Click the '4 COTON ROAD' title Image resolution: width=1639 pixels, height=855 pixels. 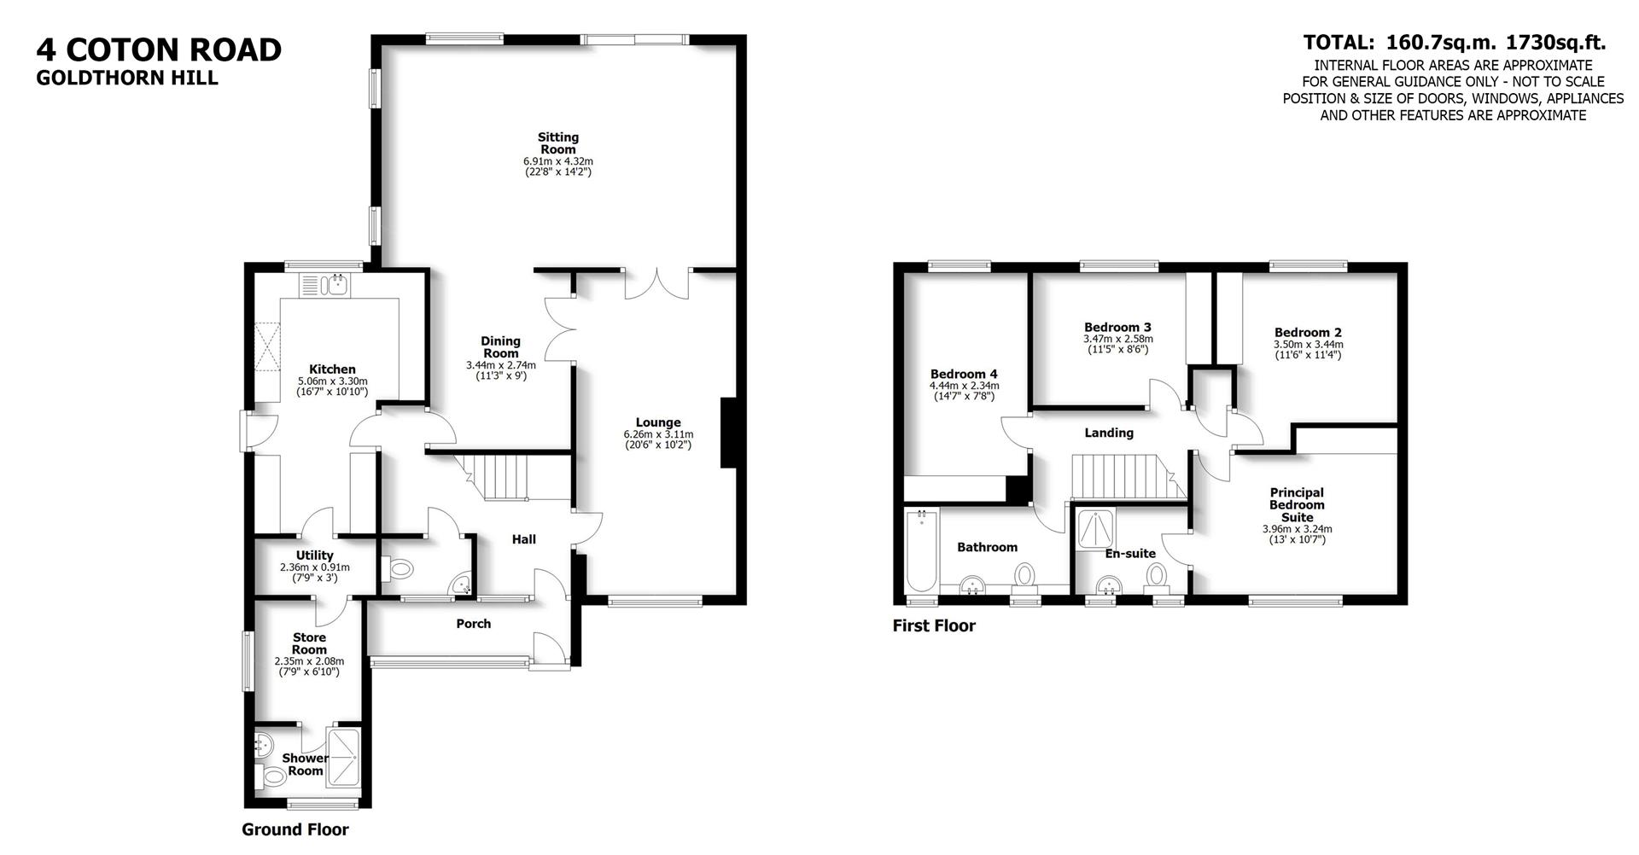tap(159, 49)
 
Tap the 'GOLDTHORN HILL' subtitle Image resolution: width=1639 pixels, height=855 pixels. tap(127, 78)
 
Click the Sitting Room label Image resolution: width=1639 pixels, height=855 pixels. tap(558, 142)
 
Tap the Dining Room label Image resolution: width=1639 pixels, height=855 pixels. tap(501, 346)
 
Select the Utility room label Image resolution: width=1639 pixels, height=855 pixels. tap(314, 555)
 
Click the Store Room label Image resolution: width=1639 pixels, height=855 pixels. tap(309, 643)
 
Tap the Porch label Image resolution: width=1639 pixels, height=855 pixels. tap(474, 624)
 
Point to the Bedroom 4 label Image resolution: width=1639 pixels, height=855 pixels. tap(964, 374)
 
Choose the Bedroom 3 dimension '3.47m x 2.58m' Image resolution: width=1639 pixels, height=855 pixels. tap(1117, 339)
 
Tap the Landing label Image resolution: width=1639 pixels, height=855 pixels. tap(1109, 433)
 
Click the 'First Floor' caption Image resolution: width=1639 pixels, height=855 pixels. tap(934, 625)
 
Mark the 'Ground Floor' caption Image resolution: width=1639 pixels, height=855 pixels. tap(295, 829)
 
